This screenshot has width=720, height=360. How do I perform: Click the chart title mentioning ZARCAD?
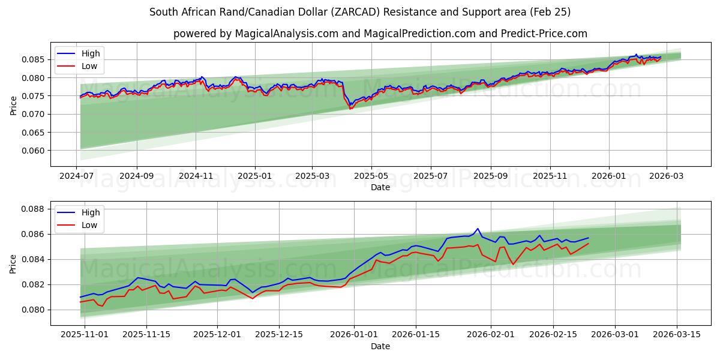click(360, 12)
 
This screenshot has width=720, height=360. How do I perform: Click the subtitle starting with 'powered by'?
click(380, 34)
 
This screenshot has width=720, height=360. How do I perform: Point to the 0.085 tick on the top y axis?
click(34, 59)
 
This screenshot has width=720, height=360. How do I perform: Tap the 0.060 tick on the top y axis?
click(34, 151)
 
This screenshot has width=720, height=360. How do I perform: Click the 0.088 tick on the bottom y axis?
click(34, 209)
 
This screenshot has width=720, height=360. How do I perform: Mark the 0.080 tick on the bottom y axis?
click(34, 310)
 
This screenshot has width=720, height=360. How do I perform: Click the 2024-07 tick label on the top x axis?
click(77, 176)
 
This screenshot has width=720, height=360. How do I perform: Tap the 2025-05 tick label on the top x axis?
click(371, 176)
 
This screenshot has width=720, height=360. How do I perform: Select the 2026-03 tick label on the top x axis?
click(666, 176)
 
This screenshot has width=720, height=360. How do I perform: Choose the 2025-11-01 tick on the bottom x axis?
click(80, 334)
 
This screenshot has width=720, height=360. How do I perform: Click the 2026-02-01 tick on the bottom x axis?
click(491, 334)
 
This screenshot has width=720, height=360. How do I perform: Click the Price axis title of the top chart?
click(14, 105)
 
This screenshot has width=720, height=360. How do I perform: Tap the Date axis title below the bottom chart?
click(380, 346)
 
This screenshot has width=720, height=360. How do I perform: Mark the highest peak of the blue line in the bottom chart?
click(478, 229)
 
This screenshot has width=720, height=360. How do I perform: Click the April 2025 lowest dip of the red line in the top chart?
click(350, 109)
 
